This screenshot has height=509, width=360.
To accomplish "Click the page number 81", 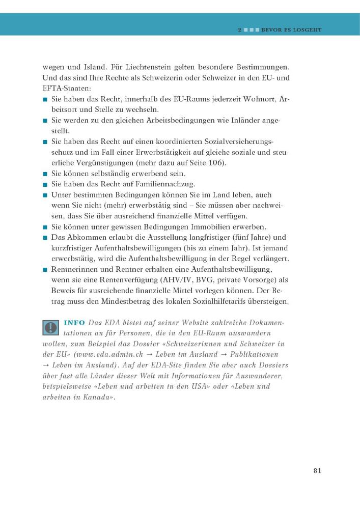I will point(317,470).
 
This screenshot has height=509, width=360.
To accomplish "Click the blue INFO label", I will point(74,323).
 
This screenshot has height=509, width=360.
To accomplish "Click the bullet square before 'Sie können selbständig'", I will point(45,174).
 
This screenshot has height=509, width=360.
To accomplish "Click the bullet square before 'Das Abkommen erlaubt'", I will point(45,238).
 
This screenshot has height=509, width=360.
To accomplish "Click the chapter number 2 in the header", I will point(239,30).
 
